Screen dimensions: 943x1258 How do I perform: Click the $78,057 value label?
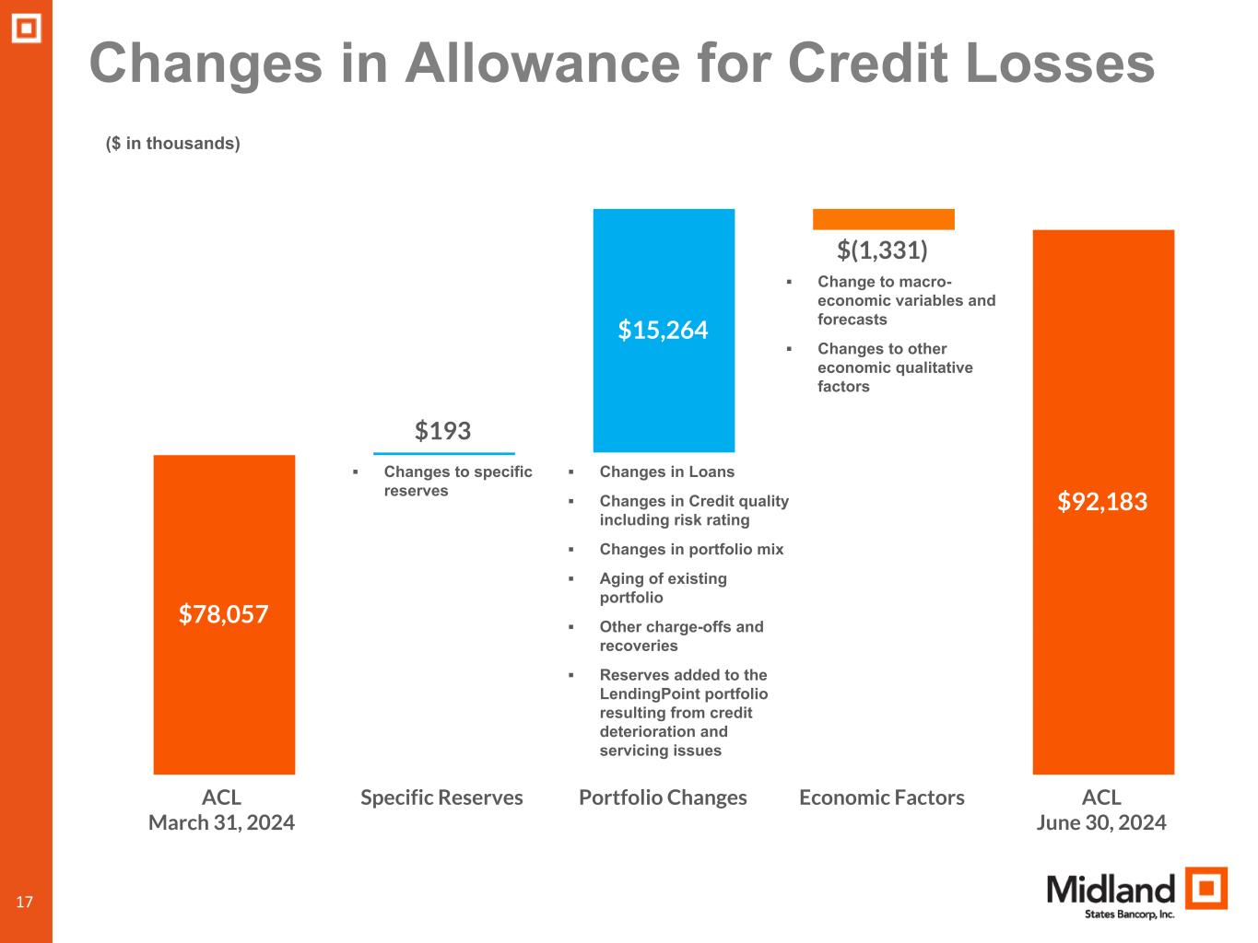(x=223, y=614)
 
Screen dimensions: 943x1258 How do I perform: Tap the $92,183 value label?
(x=1102, y=502)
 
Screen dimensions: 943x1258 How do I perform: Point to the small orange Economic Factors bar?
(x=883, y=219)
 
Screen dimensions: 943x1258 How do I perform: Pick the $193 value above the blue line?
(x=442, y=431)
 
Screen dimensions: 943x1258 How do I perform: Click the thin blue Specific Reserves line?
(x=443, y=453)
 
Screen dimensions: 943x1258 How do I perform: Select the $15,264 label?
(x=663, y=330)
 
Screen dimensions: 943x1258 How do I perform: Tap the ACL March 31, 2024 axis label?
(x=221, y=809)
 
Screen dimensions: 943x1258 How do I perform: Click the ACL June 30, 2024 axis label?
(x=1101, y=809)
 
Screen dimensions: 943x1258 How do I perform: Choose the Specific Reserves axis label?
(x=441, y=797)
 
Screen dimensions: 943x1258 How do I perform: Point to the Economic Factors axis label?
(x=881, y=797)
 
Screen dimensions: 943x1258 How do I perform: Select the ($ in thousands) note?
(x=173, y=144)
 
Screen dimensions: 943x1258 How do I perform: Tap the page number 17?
(x=24, y=902)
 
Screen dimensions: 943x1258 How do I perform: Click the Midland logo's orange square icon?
(x=1205, y=889)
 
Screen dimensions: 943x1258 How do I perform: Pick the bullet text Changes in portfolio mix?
(x=691, y=550)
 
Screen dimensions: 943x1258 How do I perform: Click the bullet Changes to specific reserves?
(x=457, y=481)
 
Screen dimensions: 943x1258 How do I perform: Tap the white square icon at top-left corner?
(x=26, y=29)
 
